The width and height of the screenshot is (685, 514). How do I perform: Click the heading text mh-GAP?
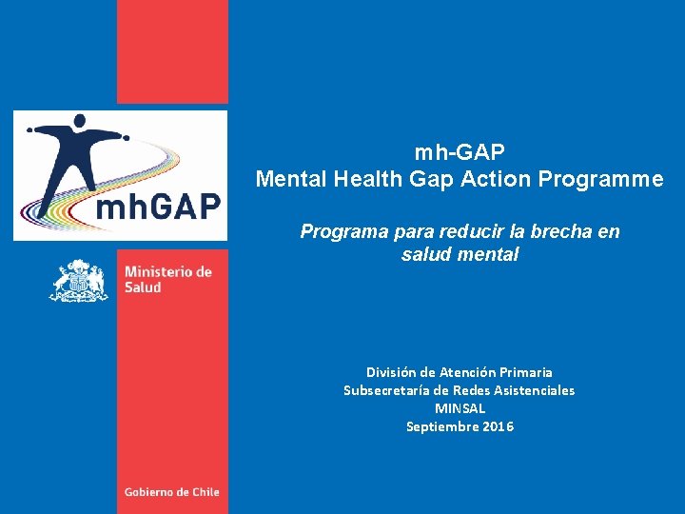coord(460,152)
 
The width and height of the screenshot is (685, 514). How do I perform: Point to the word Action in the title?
coord(500,179)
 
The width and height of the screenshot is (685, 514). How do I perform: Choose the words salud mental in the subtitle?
coord(460,254)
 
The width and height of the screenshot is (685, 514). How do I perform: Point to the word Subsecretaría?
coord(386,390)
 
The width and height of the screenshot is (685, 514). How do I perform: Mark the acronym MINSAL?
coord(460,408)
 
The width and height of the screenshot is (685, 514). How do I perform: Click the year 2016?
coord(498,426)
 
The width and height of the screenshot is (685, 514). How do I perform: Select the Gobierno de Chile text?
coord(171,492)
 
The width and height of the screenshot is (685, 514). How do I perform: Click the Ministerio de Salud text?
coord(167,279)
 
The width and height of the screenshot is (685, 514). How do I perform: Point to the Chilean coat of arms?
coord(79,280)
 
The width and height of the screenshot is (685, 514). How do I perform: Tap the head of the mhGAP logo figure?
coord(80,121)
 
